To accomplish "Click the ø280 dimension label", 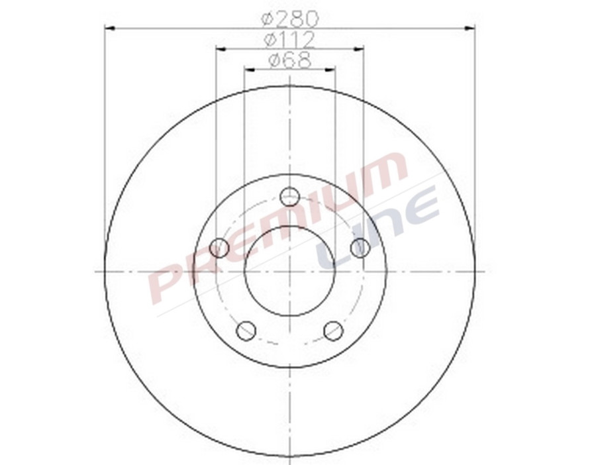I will [x=290, y=17].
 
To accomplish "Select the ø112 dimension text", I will [x=290, y=40].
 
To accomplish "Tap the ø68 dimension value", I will [x=290, y=60].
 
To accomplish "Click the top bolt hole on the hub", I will [x=290, y=197].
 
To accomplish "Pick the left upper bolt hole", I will [x=219, y=248].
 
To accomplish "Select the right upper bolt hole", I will [x=360, y=248].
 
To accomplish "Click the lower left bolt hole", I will [x=246, y=331].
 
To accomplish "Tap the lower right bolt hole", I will [x=333, y=331].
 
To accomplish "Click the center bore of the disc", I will [x=290, y=271].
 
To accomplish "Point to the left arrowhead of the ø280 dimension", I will [x=110, y=28].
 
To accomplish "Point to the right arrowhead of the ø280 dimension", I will [x=470, y=28].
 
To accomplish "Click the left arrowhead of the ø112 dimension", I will [x=221, y=48].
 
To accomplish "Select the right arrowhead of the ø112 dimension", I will [x=358, y=48].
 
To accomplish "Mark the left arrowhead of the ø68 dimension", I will [x=249, y=69].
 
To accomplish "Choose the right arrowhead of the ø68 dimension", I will [x=330, y=69].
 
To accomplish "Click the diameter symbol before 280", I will [x=268, y=18].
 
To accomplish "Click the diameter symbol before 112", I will [x=271, y=40].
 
